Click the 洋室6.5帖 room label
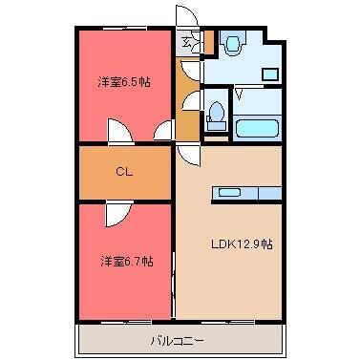124,83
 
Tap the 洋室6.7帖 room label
127,262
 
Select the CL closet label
124,172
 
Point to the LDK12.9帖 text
242,244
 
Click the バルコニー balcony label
177,341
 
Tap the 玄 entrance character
186,42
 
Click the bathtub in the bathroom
258,128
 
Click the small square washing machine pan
270,74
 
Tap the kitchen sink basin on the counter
229,192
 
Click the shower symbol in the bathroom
240,94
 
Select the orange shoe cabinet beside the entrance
209,42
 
